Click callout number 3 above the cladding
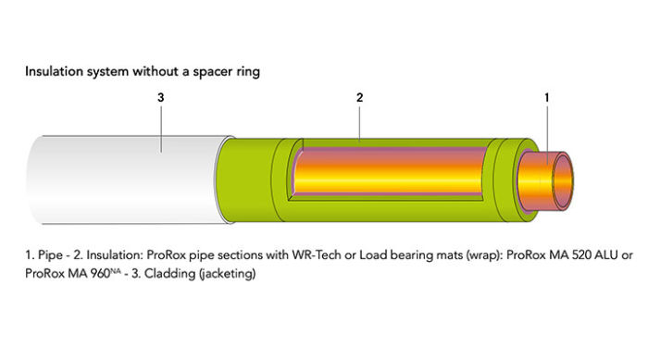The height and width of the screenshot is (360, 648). click(x=161, y=96)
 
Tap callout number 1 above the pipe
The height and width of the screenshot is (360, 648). click(x=546, y=96)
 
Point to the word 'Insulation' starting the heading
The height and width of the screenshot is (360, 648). click(x=54, y=70)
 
